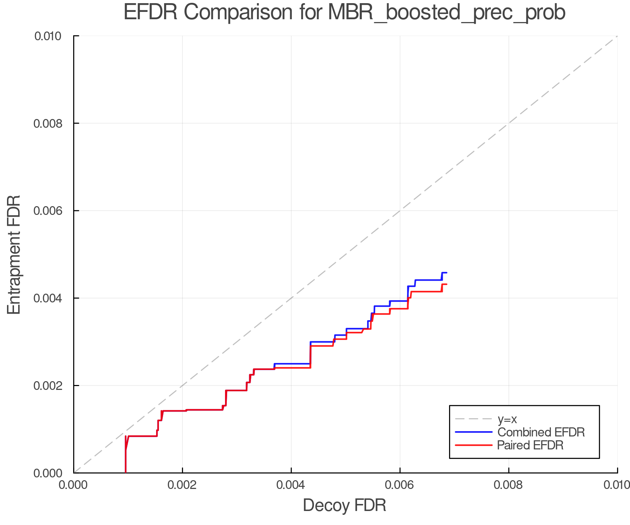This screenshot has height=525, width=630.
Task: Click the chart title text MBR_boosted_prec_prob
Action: (x=447, y=13)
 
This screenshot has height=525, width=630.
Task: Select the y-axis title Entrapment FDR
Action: (x=14, y=254)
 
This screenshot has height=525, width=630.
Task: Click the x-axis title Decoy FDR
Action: (x=344, y=505)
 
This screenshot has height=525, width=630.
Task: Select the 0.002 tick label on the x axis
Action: (x=182, y=485)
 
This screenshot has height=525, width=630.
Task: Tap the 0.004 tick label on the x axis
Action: (x=291, y=485)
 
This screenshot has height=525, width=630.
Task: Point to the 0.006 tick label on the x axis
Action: (x=400, y=485)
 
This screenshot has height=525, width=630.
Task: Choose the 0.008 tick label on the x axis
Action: (x=509, y=485)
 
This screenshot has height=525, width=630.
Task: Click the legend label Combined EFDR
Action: (x=541, y=432)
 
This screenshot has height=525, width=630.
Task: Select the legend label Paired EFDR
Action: (x=530, y=445)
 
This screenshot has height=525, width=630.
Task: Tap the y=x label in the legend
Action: (x=507, y=419)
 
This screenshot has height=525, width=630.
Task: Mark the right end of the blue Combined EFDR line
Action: (x=447, y=273)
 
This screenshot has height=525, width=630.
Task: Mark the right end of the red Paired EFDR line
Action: (x=447, y=284)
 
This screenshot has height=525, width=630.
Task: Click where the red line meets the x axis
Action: (x=125, y=472)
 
